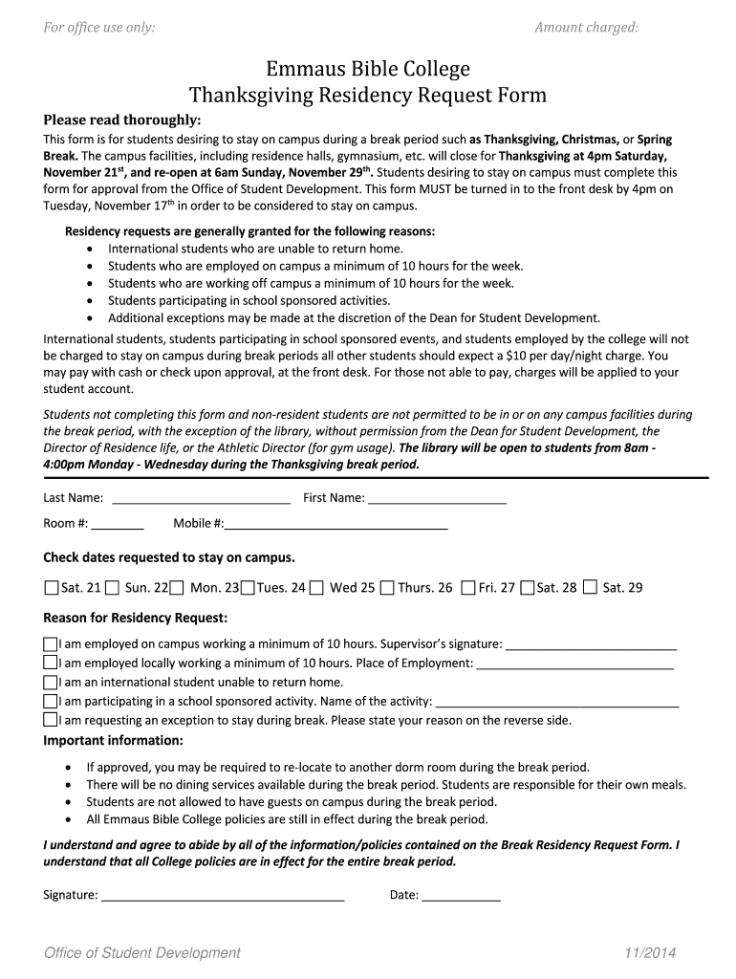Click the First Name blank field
tap(437, 498)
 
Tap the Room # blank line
tap(118, 524)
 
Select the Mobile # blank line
tap(336, 524)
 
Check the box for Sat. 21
tap(52, 588)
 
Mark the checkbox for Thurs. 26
tap(386, 588)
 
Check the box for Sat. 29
tap(590, 588)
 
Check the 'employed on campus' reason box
tap(51, 643)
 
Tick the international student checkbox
tap(51, 683)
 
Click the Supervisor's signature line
tap(590, 644)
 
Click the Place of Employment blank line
tap(574, 664)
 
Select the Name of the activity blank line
tap(556, 702)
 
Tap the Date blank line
tap(461, 897)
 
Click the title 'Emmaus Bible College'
tap(368, 69)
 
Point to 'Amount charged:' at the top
tap(586, 28)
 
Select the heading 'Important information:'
tap(114, 741)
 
